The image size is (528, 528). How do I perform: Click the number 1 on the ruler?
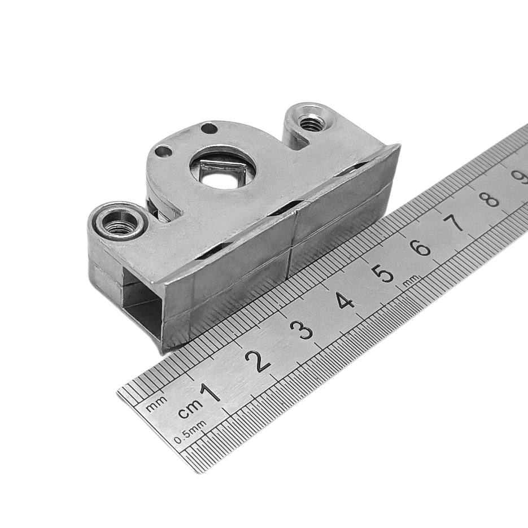coord(211,392)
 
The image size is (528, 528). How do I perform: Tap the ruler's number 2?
coord(258,361)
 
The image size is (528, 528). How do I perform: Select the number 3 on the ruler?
coord(303,330)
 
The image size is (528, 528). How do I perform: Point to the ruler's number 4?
coord(345,300)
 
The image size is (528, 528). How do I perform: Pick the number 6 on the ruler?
coord(421,248)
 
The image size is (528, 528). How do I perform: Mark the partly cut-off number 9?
coord(520,176)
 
